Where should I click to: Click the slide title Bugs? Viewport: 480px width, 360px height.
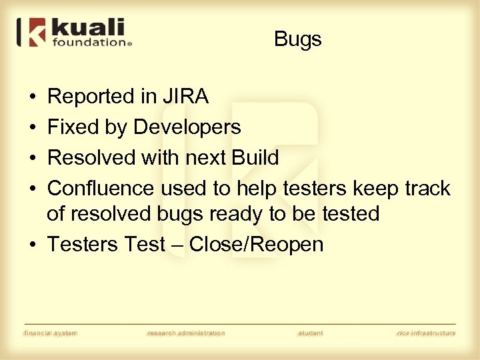[x=297, y=39]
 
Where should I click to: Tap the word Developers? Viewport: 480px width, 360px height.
[x=187, y=127]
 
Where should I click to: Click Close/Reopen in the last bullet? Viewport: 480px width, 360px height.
[x=256, y=245]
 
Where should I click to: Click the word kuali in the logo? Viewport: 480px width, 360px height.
[x=87, y=29]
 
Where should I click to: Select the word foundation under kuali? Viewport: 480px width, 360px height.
[x=88, y=43]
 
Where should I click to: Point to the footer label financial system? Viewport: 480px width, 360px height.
[x=51, y=333]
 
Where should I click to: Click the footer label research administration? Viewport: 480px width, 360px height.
[x=186, y=333]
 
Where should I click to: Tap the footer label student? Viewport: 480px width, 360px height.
[x=311, y=333]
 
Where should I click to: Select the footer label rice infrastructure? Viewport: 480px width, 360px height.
[x=426, y=333]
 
